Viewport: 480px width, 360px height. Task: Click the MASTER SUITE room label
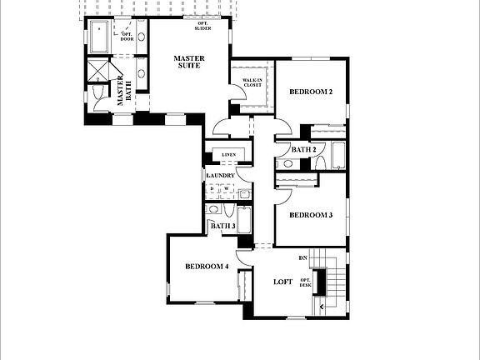tap(189, 62)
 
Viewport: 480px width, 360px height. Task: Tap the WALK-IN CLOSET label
tap(252, 82)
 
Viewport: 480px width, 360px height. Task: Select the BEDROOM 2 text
tap(310, 92)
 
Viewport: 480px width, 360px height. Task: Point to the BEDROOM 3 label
tap(310, 215)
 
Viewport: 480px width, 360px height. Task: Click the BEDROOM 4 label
tap(207, 267)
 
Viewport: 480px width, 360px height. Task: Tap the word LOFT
tap(283, 282)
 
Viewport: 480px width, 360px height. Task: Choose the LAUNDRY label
tap(221, 176)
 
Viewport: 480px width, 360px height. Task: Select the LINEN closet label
tap(228, 155)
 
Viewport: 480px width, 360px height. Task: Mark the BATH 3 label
tap(222, 226)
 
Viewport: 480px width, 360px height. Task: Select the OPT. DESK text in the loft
tap(305, 282)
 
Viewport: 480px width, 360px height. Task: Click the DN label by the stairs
tap(303, 258)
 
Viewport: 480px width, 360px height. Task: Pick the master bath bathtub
tap(101, 38)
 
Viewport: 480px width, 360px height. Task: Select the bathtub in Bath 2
tap(337, 155)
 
